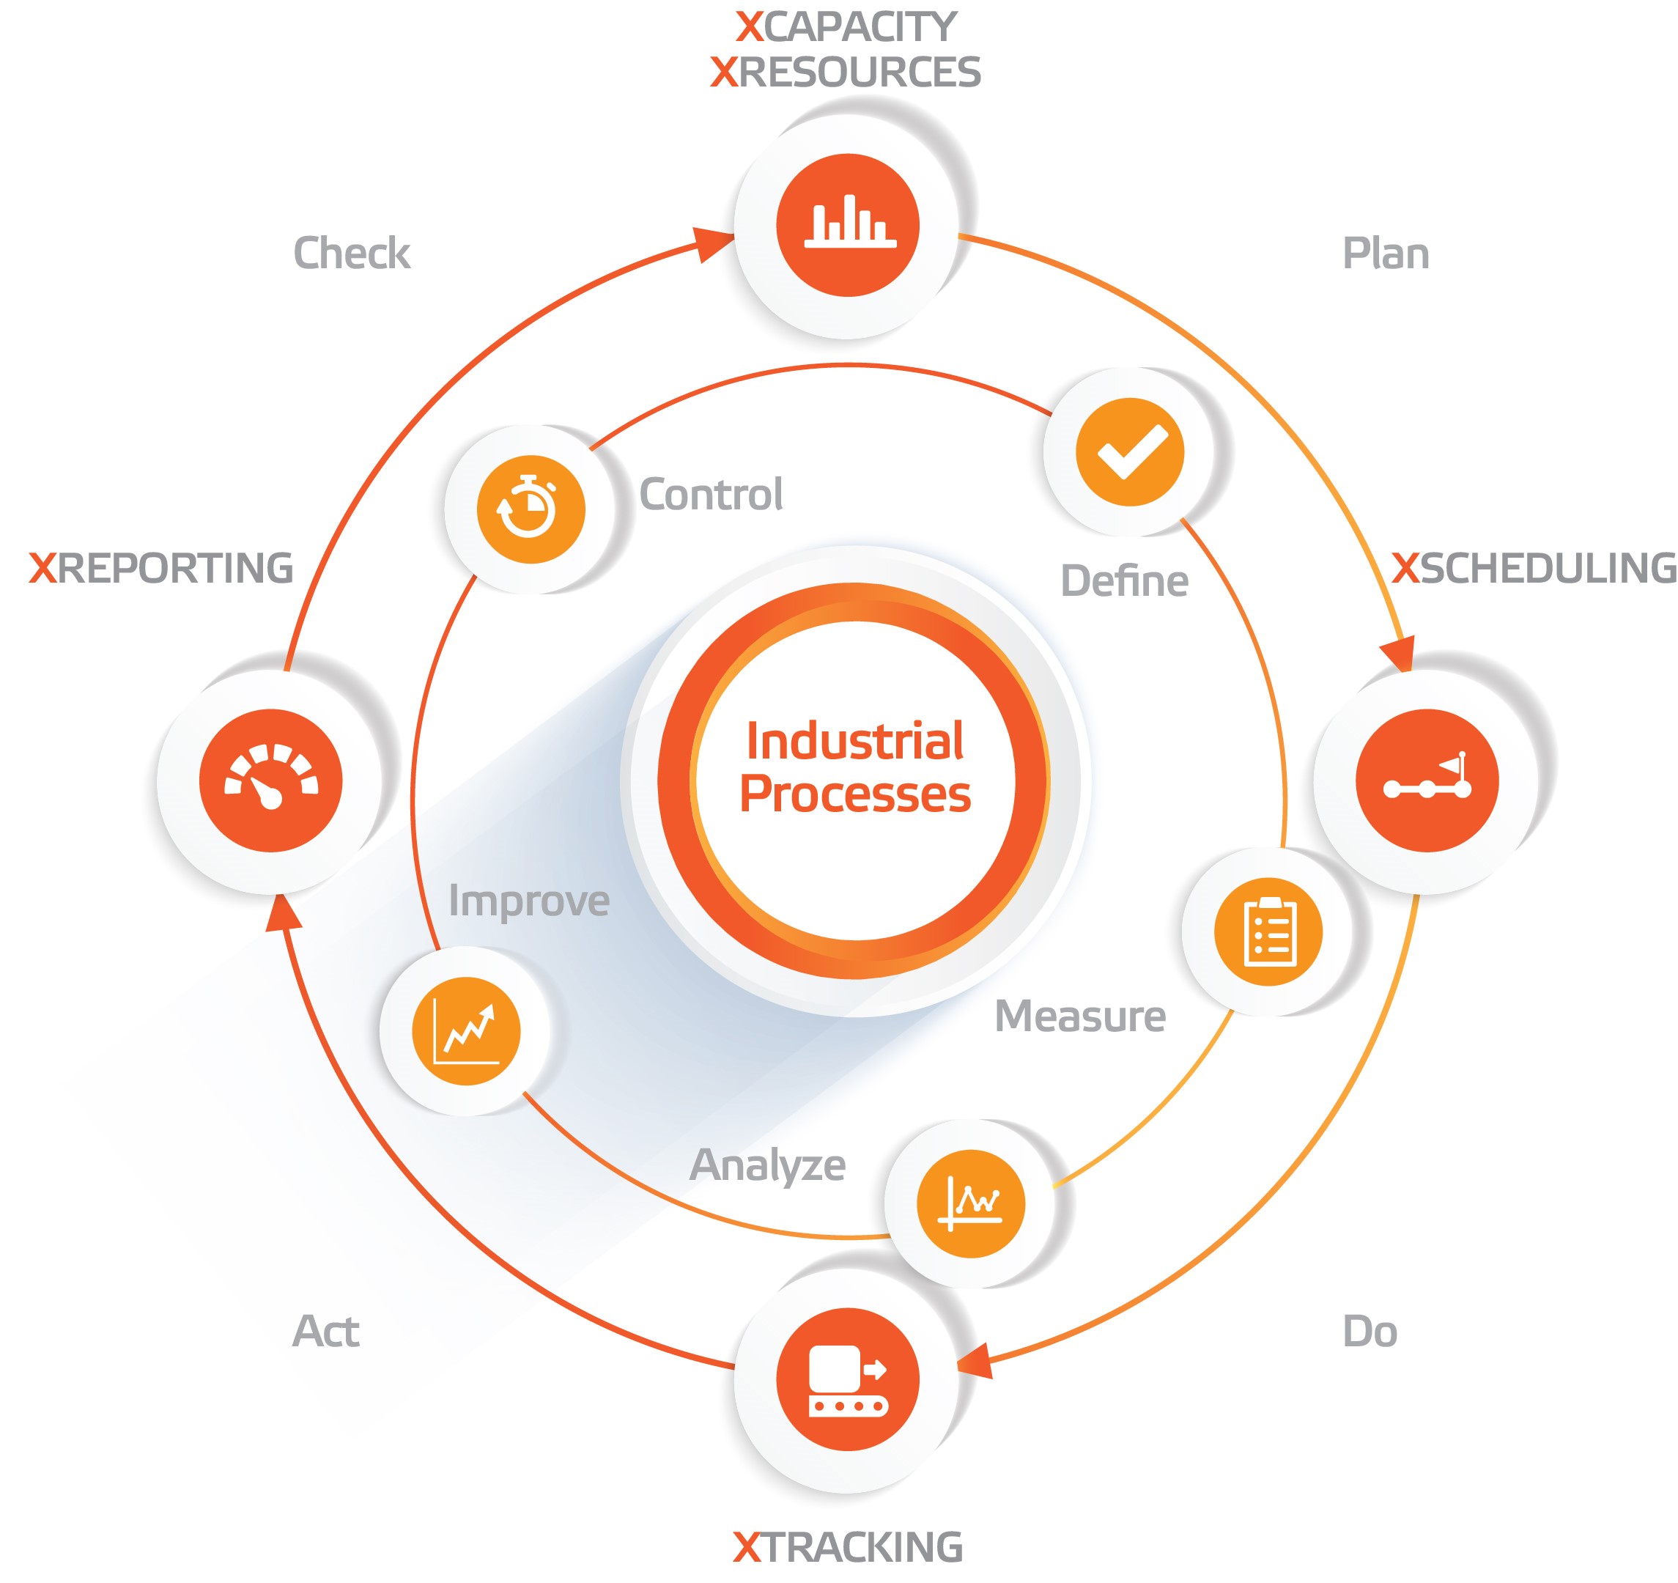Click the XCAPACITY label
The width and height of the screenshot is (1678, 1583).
click(846, 27)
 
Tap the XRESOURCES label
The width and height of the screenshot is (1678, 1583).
click(846, 73)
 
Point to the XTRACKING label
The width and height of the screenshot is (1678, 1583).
click(848, 1548)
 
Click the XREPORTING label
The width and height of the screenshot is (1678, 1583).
click(161, 568)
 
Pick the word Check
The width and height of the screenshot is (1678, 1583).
click(352, 254)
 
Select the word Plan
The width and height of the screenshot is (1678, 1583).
click(1386, 254)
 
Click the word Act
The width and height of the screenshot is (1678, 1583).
click(326, 1332)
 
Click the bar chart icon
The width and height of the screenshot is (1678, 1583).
click(850, 221)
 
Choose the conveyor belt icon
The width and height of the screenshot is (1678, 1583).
click(849, 1381)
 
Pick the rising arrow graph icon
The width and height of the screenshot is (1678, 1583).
click(465, 1032)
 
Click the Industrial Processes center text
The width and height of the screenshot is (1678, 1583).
click(855, 767)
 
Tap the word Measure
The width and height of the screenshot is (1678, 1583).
click(1080, 1016)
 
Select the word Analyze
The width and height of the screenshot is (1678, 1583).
click(768, 1166)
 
